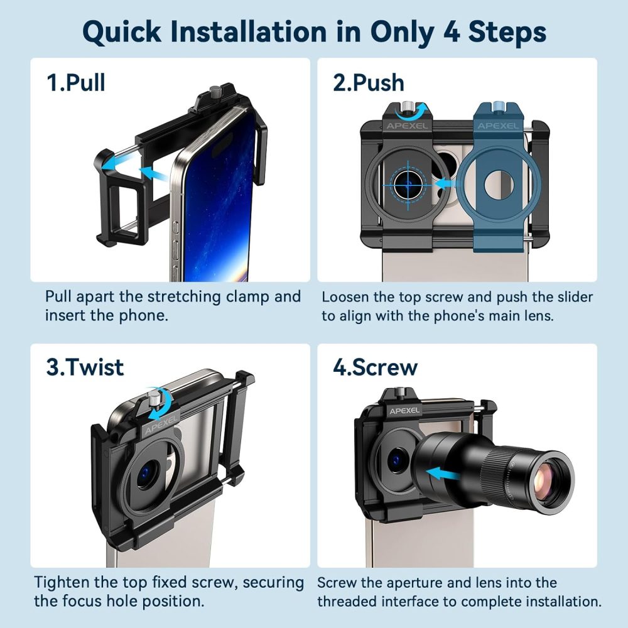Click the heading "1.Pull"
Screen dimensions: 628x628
(76, 82)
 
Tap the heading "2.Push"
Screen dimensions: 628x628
(369, 82)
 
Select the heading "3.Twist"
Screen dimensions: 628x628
(85, 367)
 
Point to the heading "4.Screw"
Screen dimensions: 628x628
(376, 367)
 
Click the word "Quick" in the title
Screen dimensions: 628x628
(122, 32)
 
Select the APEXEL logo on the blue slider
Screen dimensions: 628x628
(497, 126)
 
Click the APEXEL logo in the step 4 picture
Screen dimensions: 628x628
(404, 411)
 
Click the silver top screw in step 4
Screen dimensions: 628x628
(399, 392)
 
